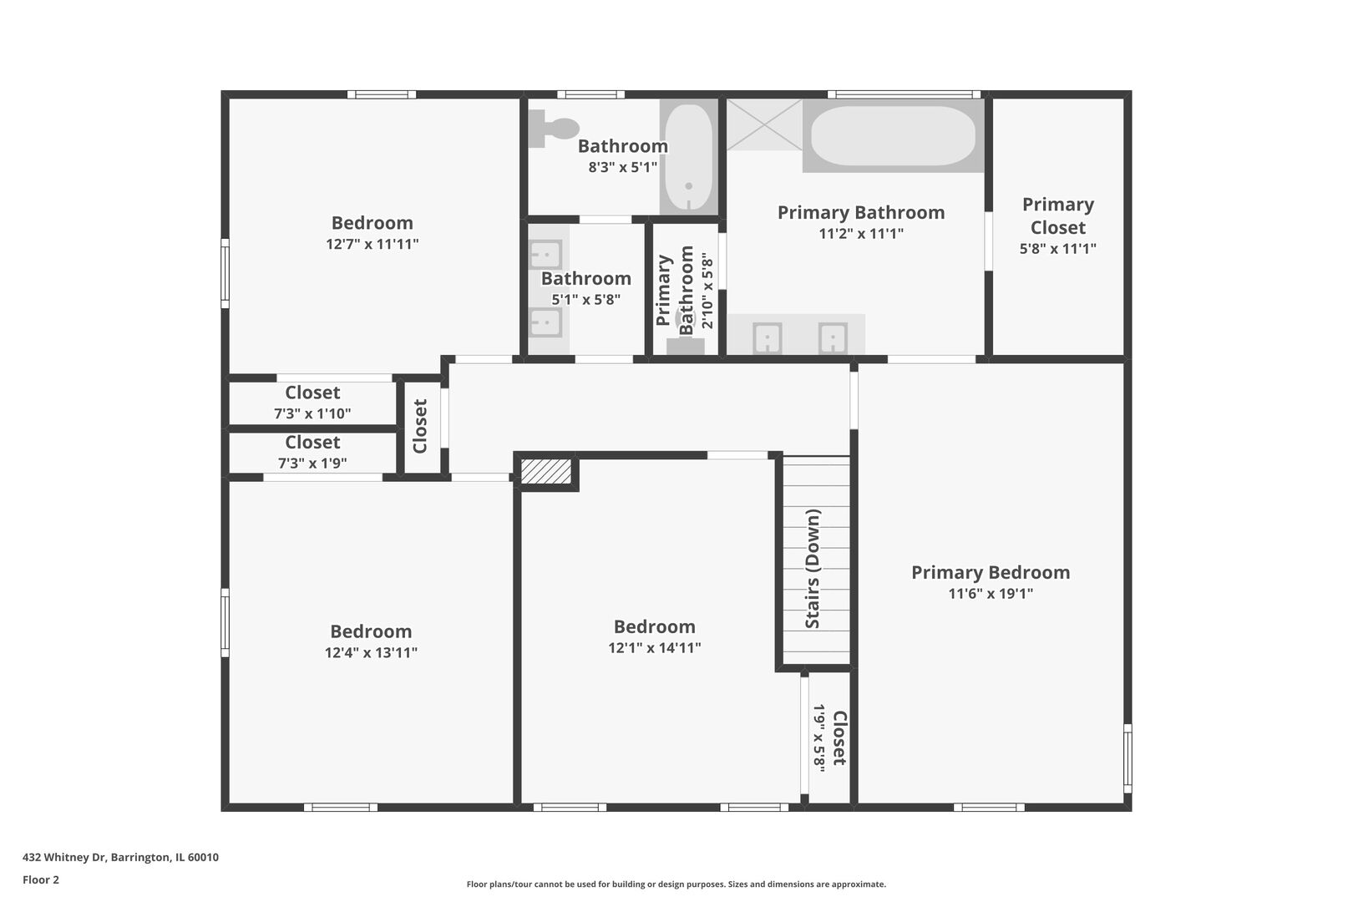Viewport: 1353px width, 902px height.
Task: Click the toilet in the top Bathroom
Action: pyautogui.click(x=555, y=129)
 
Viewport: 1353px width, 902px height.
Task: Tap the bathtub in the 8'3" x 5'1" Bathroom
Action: pyautogui.click(x=688, y=158)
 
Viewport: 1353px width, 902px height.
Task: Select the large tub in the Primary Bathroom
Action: pyautogui.click(x=893, y=135)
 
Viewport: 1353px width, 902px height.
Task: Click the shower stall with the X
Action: pyautogui.click(x=763, y=124)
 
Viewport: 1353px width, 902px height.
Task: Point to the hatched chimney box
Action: pyautogui.click(x=546, y=471)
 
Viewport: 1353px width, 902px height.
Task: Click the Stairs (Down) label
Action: pyautogui.click(x=813, y=569)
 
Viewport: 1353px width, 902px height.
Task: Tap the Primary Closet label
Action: pyautogui.click(x=1057, y=215)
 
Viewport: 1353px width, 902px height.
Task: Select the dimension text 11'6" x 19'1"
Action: pyautogui.click(x=991, y=594)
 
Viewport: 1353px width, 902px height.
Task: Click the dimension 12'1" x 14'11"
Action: pyautogui.click(x=654, y=648)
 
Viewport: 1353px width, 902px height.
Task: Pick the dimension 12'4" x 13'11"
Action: pyautogui.click(x=371, y=653)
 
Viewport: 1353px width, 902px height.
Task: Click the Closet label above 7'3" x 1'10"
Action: pyautogui.click(x=312, y=393)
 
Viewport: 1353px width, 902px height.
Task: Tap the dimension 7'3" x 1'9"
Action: pyautogui.click(x=312, y=464)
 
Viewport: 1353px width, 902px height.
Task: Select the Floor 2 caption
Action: pyautogui.click(x=41, y=879)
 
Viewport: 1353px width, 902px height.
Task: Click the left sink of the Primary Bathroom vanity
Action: pyautogui.click(x=768, y=338)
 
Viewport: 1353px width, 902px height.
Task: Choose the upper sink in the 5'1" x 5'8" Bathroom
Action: pyautogui.click(x=546, y=254)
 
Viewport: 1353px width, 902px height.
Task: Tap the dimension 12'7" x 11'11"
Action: pyautogui.click(x=372, y=245)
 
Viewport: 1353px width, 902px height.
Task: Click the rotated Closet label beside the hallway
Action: pyautogui.click(x=420, y=426)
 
